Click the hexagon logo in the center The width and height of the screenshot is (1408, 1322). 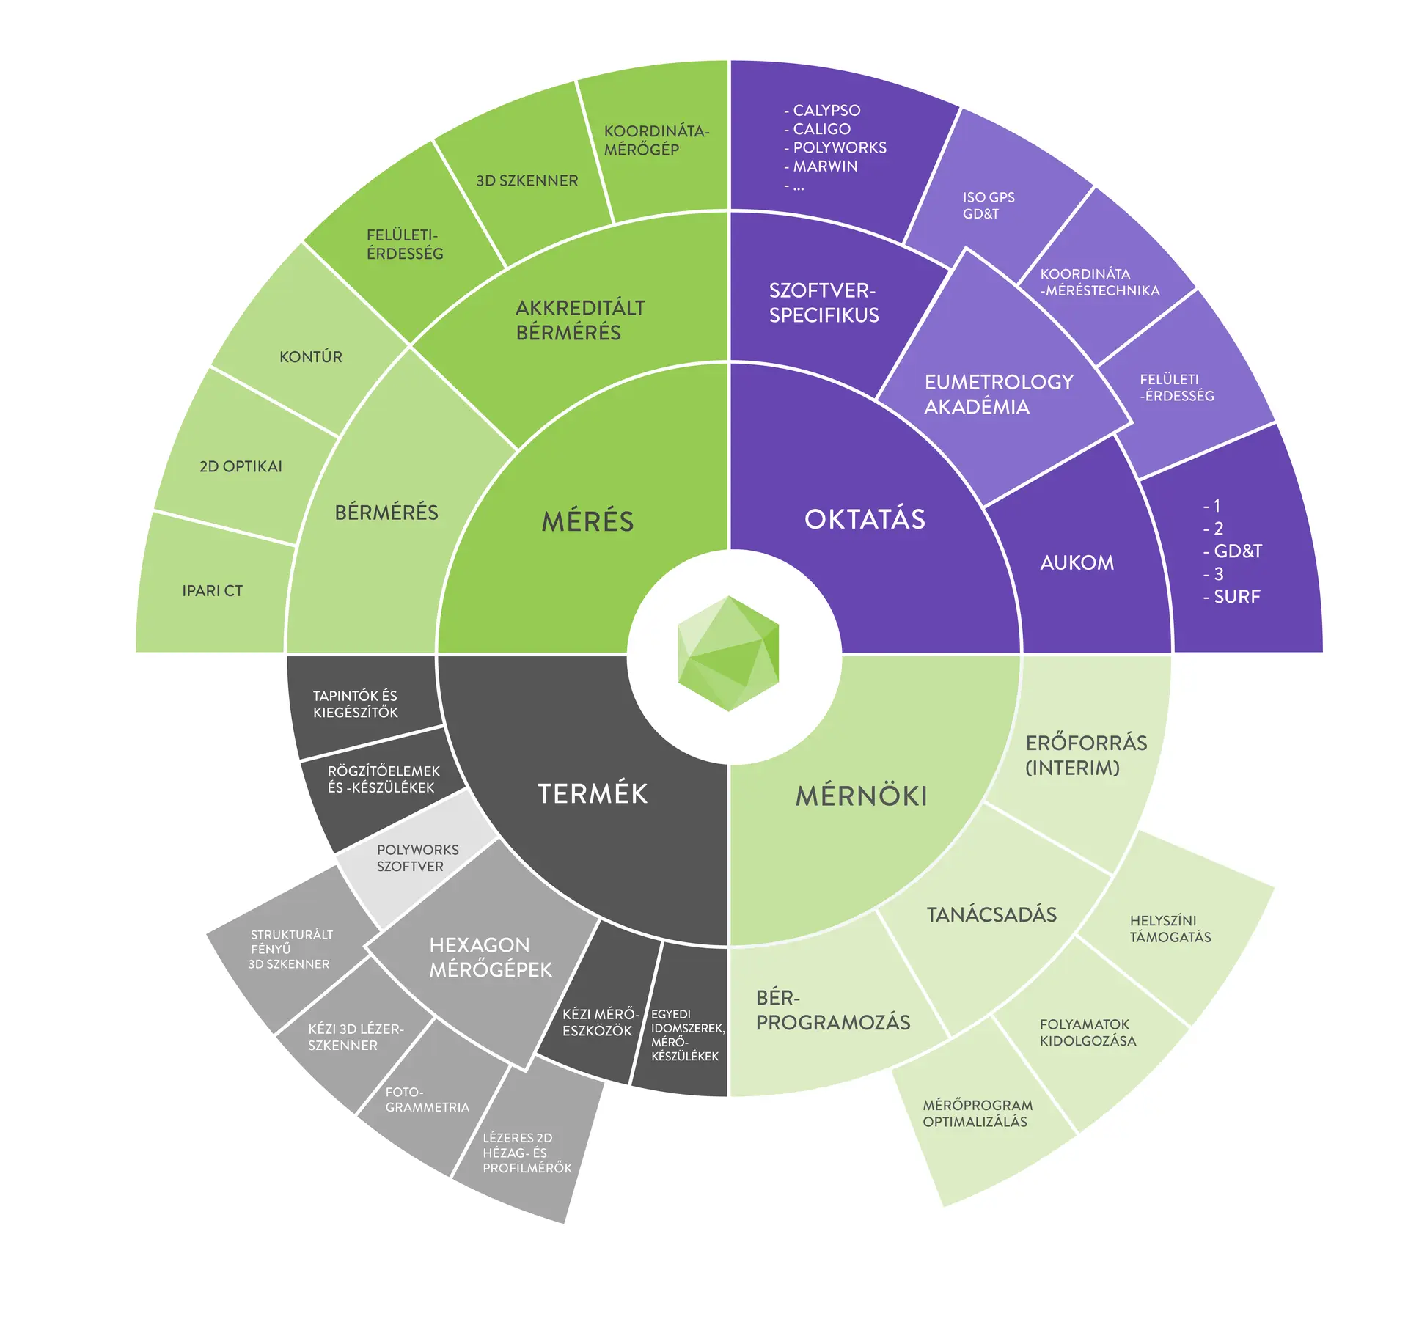[728, 653]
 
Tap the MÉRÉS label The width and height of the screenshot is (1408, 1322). [587, 521]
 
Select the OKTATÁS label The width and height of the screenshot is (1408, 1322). [865, 519]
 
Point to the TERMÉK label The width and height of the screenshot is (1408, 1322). [593, 793]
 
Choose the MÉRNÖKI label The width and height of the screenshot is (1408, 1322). [862, 796]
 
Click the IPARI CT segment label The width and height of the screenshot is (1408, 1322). [212, 591]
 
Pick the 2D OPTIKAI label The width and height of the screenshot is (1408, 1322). [241, 466]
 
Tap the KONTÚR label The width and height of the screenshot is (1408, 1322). [310, 357]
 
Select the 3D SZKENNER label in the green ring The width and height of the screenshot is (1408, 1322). [527, 180]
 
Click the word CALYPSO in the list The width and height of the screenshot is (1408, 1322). [826, 111]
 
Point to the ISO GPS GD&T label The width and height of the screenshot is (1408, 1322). [988, 205]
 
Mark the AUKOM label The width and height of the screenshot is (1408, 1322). [1077, 562]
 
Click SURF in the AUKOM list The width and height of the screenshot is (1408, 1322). [1236, 597]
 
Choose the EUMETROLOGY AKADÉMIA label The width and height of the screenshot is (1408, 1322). [998, 394]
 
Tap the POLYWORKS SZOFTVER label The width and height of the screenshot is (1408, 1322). [417, 858]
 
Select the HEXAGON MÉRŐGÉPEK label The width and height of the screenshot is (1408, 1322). [490, 957]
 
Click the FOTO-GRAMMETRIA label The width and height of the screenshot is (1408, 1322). [427, 1100]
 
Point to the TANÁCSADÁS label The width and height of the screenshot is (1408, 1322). [991, 914]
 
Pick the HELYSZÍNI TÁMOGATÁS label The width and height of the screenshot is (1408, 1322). [1170, 929]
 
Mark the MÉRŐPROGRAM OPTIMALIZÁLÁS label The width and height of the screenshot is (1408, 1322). [977, 1113]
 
